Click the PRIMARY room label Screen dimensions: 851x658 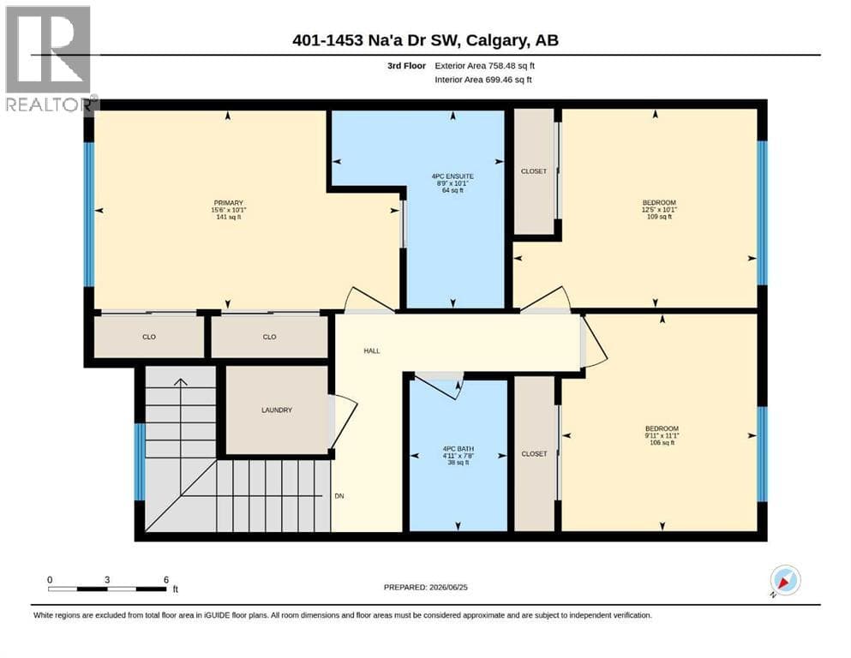click(x=229, y=203)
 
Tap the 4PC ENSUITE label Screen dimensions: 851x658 click(x=452, y=176)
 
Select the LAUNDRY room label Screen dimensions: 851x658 click(x=277, y=410)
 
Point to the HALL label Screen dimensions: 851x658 click(x=372, y=351)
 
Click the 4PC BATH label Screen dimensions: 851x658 click(x=458, y=449)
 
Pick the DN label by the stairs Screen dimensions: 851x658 click(x=339, y=496)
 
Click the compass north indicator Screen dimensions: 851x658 click(x=785, y=581)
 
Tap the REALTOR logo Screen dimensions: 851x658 click(x=50, y=58)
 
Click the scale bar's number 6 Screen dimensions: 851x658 click(x=166, y=579)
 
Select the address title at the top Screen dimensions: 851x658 click(x=425, y=40)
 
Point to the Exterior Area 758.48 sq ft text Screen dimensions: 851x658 click(x=485, y=66)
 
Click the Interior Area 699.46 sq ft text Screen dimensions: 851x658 click(x=483, y=80)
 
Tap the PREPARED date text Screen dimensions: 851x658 click(x=425, y=587)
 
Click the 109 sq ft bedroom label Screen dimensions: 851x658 click(x=659, y=209)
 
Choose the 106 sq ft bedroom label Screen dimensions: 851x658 click(x=662, y=435)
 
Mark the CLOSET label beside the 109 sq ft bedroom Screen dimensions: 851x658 click(x=534, y=170)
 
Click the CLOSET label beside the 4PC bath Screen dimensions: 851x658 click(x=534, y=453)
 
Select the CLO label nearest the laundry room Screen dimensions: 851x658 click(x=270, y=337)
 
